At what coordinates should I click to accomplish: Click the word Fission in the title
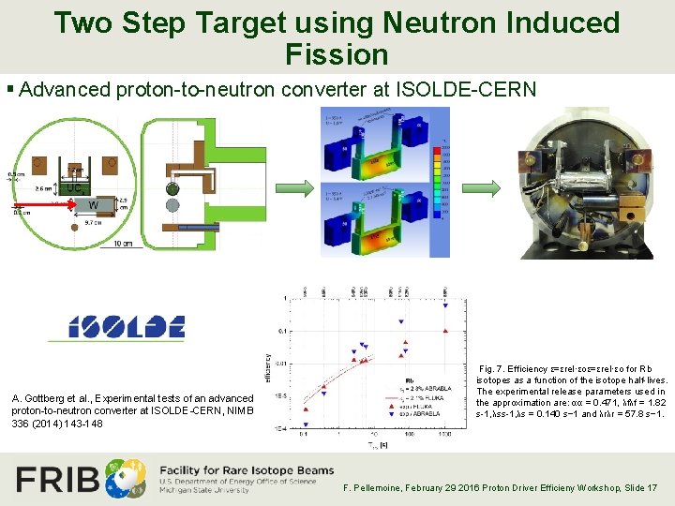[337, 53]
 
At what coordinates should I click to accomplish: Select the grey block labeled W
[92, 205]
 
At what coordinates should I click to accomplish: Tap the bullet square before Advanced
[9, 90]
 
